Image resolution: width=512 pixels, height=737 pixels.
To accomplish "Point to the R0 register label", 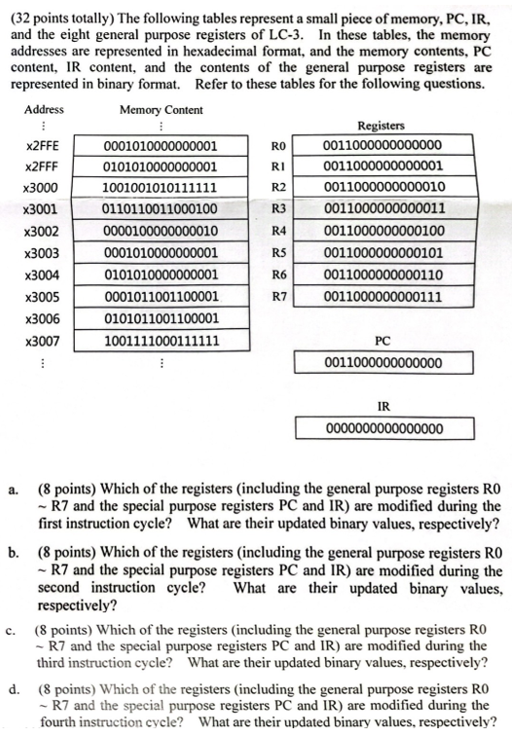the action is pyautogui.click(x=276, y=146).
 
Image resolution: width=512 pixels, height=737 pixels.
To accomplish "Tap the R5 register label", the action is pyautogui.click(x=276, y=253).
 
